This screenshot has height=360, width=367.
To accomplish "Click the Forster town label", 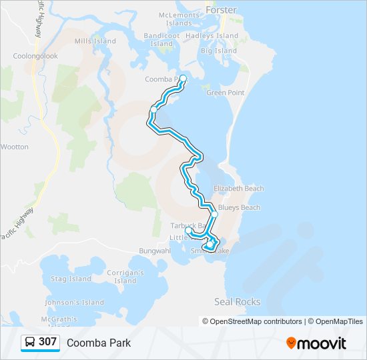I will [x=222, y=11].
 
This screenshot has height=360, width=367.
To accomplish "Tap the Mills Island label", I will [x=95, y=41].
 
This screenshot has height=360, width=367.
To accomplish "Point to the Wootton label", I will [x=15, y=147].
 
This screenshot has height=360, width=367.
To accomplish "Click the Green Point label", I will [x=225, y=93].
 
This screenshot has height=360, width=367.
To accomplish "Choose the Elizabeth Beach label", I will [x=239, y=189].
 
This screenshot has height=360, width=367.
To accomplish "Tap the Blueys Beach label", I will [x=239, y=208].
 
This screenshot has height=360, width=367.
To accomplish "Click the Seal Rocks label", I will [x=237, y=302].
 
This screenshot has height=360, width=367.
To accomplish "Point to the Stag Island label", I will [x=71, y=279].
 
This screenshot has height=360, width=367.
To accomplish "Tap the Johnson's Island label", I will [x=75, y=303].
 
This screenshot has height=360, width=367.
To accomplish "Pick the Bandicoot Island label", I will [x=162, y=39].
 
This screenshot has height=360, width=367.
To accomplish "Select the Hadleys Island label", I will [x=212, y=36].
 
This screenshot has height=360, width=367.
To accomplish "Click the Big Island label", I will [x=219, y=51].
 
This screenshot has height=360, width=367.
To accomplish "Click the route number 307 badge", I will [x=47, y=342].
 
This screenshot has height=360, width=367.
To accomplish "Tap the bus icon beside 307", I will [x=30, y=343].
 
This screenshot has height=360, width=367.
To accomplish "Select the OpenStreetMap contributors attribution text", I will [x=256, y=321].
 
